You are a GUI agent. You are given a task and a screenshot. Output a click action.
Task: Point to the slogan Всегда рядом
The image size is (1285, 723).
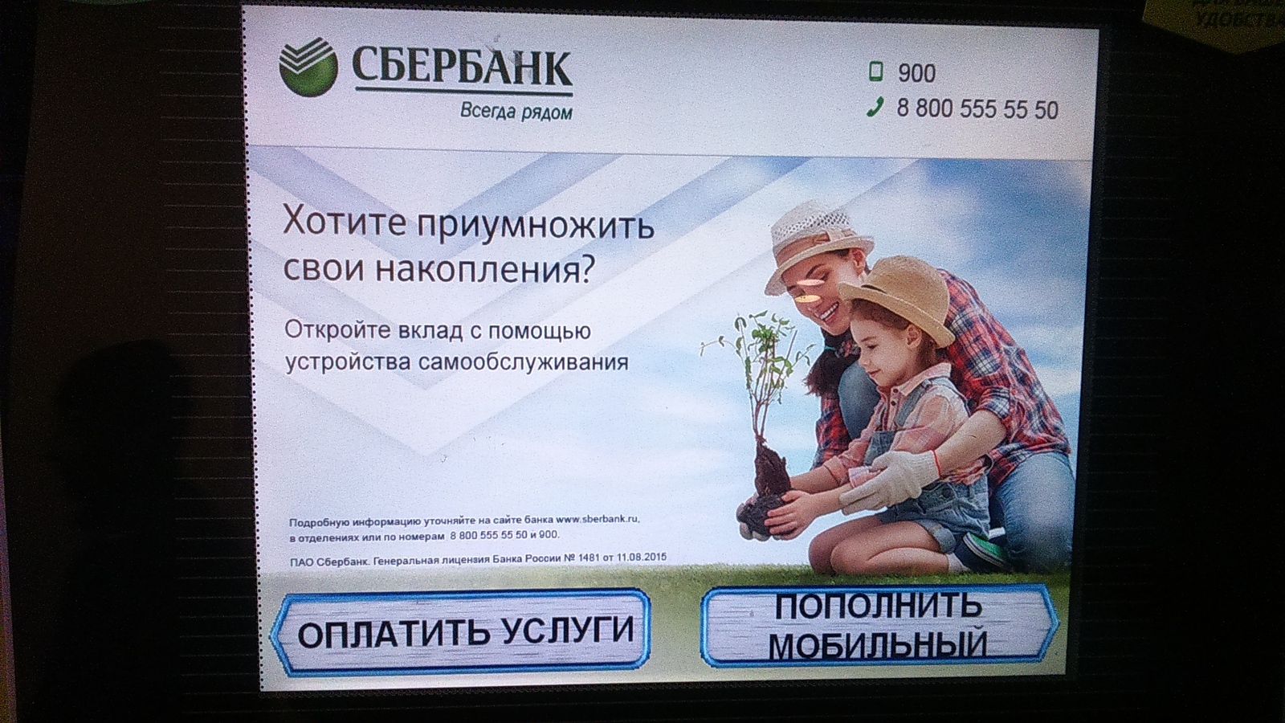pyautogui.click(x=516, y=112)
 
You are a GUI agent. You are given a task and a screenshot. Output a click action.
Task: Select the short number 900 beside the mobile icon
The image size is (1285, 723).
pyautogui.click(x=916, y=73)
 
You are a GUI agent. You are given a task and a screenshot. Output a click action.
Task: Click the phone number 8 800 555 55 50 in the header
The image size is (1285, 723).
pyautogui.click(x=977, y=109)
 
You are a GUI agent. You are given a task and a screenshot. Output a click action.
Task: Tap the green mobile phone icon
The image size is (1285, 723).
pyautogui.click(x=875, y=71)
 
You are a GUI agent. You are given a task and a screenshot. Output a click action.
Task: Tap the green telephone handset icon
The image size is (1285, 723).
pyautogui.click(x=875, y=108)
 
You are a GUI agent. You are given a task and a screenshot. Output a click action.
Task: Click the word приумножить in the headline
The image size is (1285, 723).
pyautogui.click(x=535, y=225)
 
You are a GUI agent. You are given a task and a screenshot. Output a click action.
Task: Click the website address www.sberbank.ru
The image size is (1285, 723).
pyautogui.click(x=597, y=520)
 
